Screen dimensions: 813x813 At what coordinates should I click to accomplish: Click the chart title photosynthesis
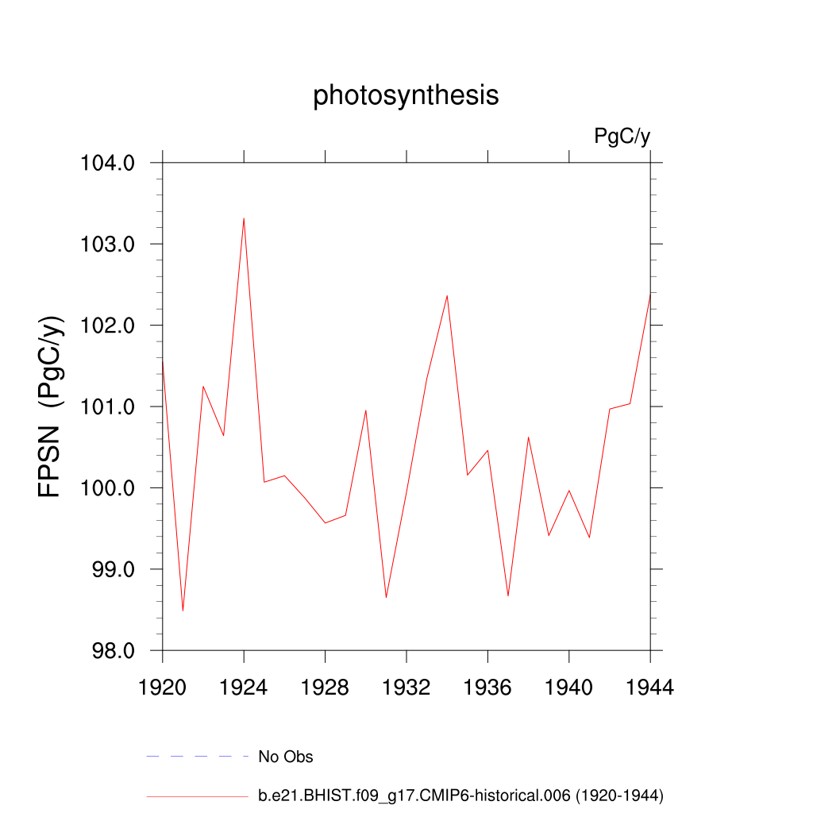(406, 95)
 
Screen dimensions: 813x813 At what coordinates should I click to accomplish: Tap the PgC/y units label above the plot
(622, 137)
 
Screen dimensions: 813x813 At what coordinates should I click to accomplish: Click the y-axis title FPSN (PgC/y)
(49, 406)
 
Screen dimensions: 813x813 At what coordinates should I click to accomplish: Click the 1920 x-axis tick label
(163, 688)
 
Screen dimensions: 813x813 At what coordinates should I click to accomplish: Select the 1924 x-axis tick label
(244, 688)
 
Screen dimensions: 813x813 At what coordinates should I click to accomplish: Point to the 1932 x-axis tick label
(406, 688)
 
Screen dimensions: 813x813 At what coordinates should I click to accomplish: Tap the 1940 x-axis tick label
(569, 688)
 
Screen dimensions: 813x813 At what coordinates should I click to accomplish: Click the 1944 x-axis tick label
(650, 688)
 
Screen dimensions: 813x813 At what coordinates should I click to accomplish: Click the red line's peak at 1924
(244, 218)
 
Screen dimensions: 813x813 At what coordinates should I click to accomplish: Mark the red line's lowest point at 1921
(183, 611)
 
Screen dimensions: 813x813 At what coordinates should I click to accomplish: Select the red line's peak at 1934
(447, 296)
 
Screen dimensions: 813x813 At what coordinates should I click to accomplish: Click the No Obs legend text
(286, 757)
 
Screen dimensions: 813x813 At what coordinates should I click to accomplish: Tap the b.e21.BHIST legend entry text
(460, 795)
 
